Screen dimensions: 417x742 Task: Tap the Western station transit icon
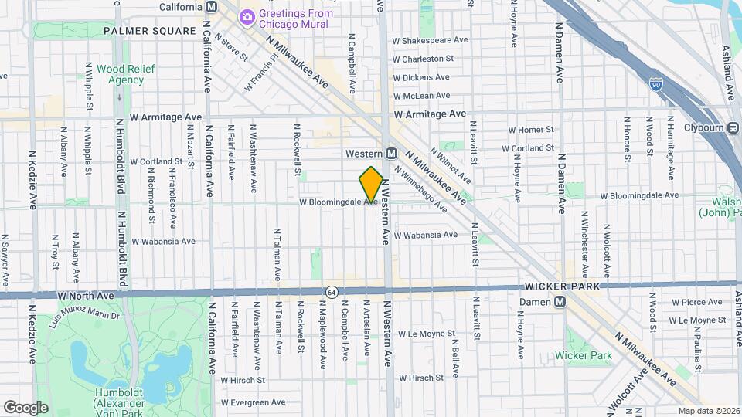click(x=392, y=154)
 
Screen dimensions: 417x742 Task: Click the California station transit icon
click(x=211, y=6)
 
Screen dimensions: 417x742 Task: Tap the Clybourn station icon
click(x=733, y=128)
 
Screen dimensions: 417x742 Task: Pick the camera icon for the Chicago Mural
click(x=247, y=15)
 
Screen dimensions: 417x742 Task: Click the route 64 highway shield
click(x=332, y=293)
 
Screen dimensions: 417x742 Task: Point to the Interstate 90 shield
click(x=656, y=82)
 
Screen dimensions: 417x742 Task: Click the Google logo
click(x=26, y=406)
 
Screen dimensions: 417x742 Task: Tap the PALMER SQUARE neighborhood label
click(x=149, y=31)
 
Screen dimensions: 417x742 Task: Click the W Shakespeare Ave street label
click(x=431, y=40)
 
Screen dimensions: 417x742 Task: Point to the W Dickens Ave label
click(x=421, y=77)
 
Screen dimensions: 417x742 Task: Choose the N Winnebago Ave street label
click(x=420, y=189)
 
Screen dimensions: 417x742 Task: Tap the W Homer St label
click(x=531, y=130)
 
